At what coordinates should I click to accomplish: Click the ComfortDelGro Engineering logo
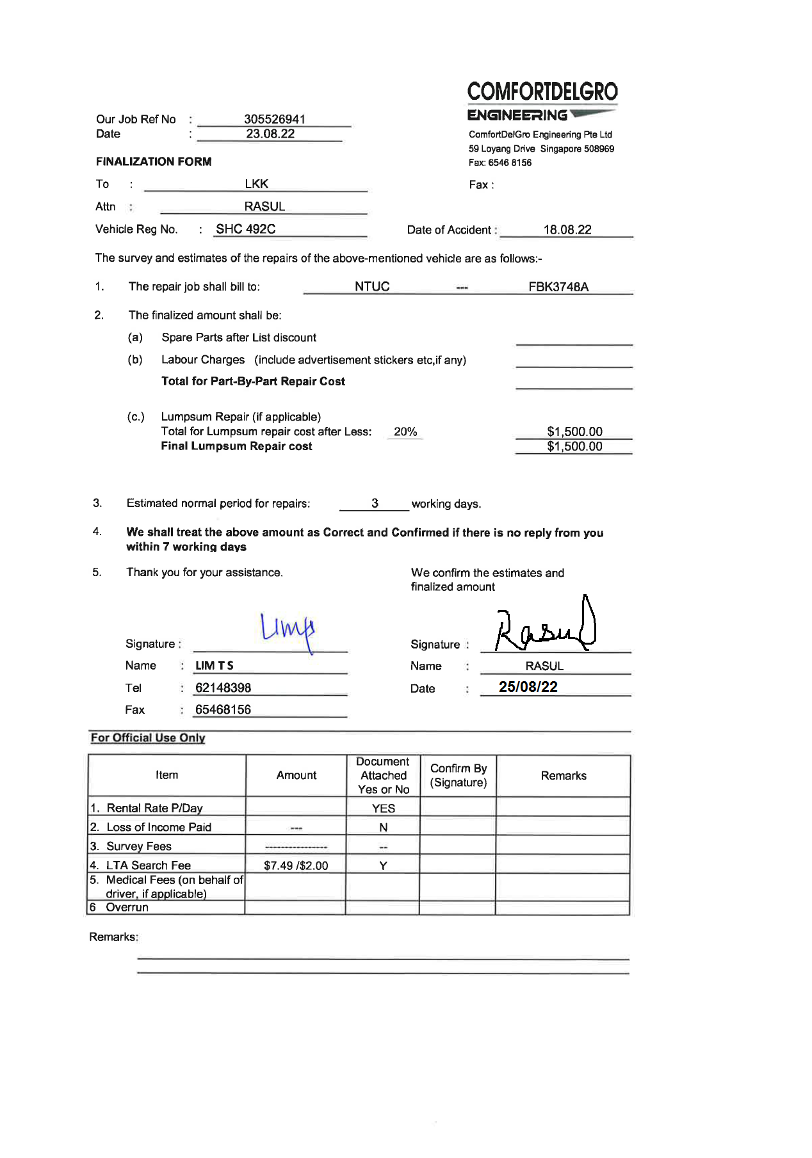[542, 101]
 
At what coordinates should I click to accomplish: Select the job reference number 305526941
[274, 119]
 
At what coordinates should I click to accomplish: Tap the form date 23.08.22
[270, 134]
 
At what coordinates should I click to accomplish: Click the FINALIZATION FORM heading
[154, 161]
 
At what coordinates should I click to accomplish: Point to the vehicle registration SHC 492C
[245, 229]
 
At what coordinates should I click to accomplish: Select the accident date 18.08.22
[567, 230]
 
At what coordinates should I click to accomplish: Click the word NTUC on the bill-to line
[372, 286]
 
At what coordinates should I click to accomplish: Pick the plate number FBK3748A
[558, 287]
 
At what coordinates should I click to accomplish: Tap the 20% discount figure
[405, 431]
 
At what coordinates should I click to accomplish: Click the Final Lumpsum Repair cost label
[236, 446]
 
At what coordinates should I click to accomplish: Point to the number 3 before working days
[375, 503]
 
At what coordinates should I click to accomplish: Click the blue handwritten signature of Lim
[288, 630]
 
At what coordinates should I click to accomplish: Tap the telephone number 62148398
[223, 688]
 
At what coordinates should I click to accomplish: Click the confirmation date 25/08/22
[528, 687]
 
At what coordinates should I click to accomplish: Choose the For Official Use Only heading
[148, 737]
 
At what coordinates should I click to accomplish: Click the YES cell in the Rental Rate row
[383, 808]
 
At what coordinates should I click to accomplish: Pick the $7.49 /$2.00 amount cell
[296, 865]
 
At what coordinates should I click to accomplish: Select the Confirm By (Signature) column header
[459, 775]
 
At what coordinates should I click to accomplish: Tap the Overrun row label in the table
[127, 907]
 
